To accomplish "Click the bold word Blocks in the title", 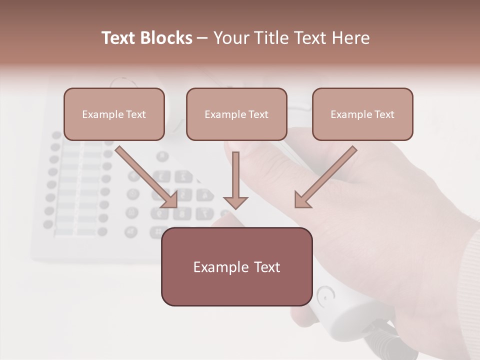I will pyautogui.click(x=166, y=38).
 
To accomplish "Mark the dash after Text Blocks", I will pyautogui.click(x=202, y=38).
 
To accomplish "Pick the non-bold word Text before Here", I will pyautogui.click(x=309, y=38).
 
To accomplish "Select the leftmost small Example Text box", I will pyautogui.click(x=114, y=114).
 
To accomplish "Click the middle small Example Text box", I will pyautogui.click(x=236, y=114).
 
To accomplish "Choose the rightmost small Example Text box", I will pyautogui.click(x=362, y=114).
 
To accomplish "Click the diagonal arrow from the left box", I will pyautogui.click(x=146, y=176).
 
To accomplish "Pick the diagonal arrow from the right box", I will pyautogui.click(x=325, y=176).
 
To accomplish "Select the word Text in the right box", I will pyautogui.click(x=384, y=114).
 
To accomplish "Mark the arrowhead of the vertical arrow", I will pyautogui.click(x=235, y=202).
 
